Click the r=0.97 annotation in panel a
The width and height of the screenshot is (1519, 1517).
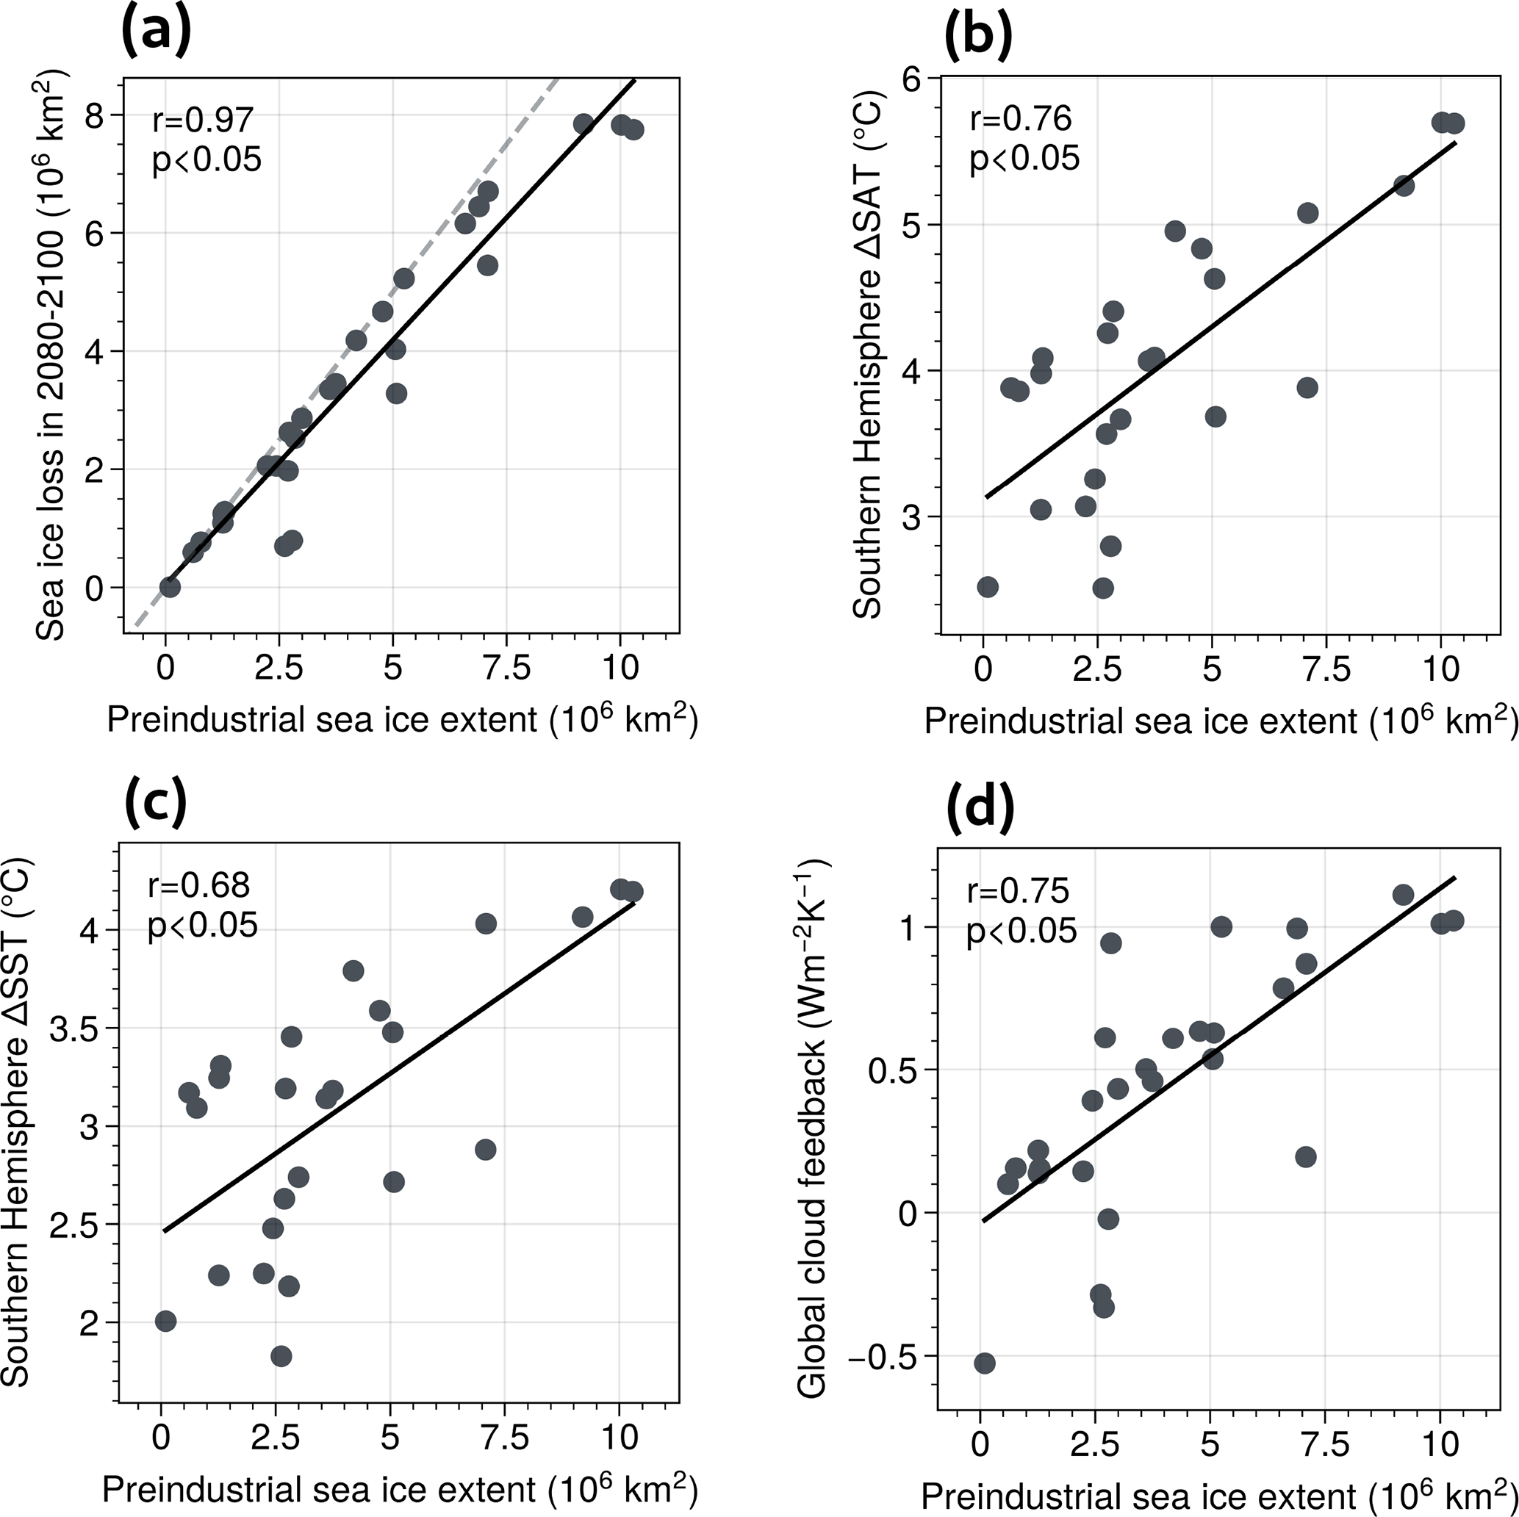pos(203,120)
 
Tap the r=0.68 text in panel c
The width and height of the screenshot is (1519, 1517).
pos(199,885)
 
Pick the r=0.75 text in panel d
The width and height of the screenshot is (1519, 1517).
pos(1017,890)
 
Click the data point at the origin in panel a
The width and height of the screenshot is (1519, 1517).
pos(170,587)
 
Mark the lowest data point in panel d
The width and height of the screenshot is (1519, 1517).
pos(984,1363)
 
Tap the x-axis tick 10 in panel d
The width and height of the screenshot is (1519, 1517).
pos(1440,1443)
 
